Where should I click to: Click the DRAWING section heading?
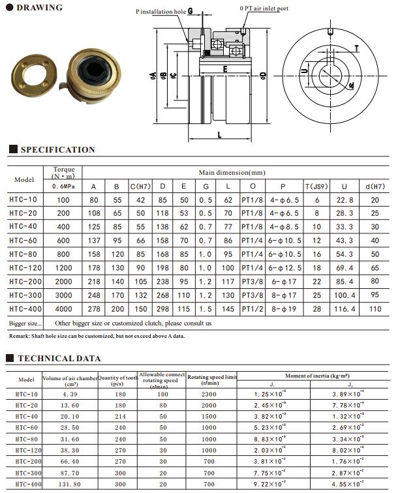pos(39,8)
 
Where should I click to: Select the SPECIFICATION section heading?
pos(57,150)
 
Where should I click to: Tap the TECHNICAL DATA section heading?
pos(59,358)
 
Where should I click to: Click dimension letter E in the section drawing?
pos(224,68)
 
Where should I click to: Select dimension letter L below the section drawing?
pos(219,135)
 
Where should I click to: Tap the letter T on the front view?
pos(356,48)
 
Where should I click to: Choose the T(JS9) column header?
pos(317,187)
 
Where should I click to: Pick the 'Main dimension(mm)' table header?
pos(232,172)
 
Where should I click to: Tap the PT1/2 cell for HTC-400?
pos(252,309)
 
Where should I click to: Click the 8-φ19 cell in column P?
pos(284,309)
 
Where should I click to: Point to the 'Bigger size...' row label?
pos(25,323)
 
